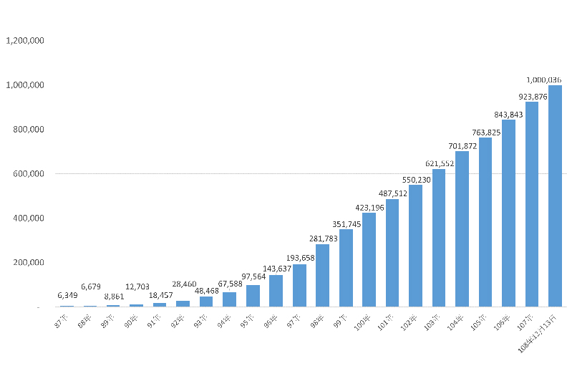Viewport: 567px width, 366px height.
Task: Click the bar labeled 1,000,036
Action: (555, 196)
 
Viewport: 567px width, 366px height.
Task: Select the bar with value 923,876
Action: (532, 204)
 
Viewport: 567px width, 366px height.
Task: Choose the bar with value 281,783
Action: (322, 275)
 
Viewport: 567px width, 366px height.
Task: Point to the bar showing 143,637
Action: (276, 291)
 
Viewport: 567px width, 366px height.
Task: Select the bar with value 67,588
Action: (229, 299)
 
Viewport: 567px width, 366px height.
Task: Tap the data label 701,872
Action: (462, 145)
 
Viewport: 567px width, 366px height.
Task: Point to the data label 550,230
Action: (415, 179)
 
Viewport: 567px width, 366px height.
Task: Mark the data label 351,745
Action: (346, 223)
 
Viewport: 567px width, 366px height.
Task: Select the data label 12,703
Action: (136, 286)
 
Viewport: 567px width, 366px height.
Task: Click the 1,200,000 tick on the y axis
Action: (26, 41)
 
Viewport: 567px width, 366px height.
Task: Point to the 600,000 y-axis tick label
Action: (29, 173)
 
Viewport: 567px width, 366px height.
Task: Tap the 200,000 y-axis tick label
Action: (29, 262)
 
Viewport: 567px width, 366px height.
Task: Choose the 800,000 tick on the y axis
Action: (29, 130)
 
